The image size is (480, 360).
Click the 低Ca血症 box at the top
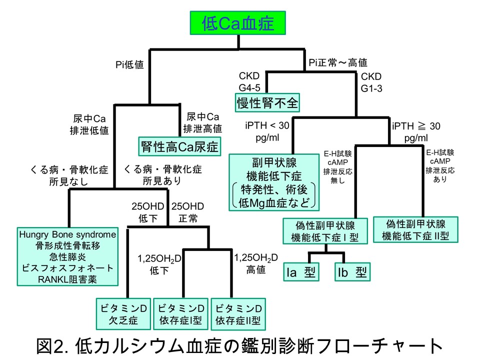click(x=238, y=22)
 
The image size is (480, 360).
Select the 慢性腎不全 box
click(x=267, y=103)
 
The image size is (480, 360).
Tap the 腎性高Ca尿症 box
click(x=178, y=146)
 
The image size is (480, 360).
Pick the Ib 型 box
click(x=351, y=272)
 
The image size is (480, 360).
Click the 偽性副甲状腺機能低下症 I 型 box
click(x=326, y=230)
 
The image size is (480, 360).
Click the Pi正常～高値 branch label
click(x=338, y=63)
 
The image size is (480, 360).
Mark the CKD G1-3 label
click(x=370, y=81)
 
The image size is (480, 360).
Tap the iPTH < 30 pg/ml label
click(x=266, y=131)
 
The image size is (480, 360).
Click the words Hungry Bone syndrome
click(x=67, y=234)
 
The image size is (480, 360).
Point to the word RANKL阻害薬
click(x=67, y=279)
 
